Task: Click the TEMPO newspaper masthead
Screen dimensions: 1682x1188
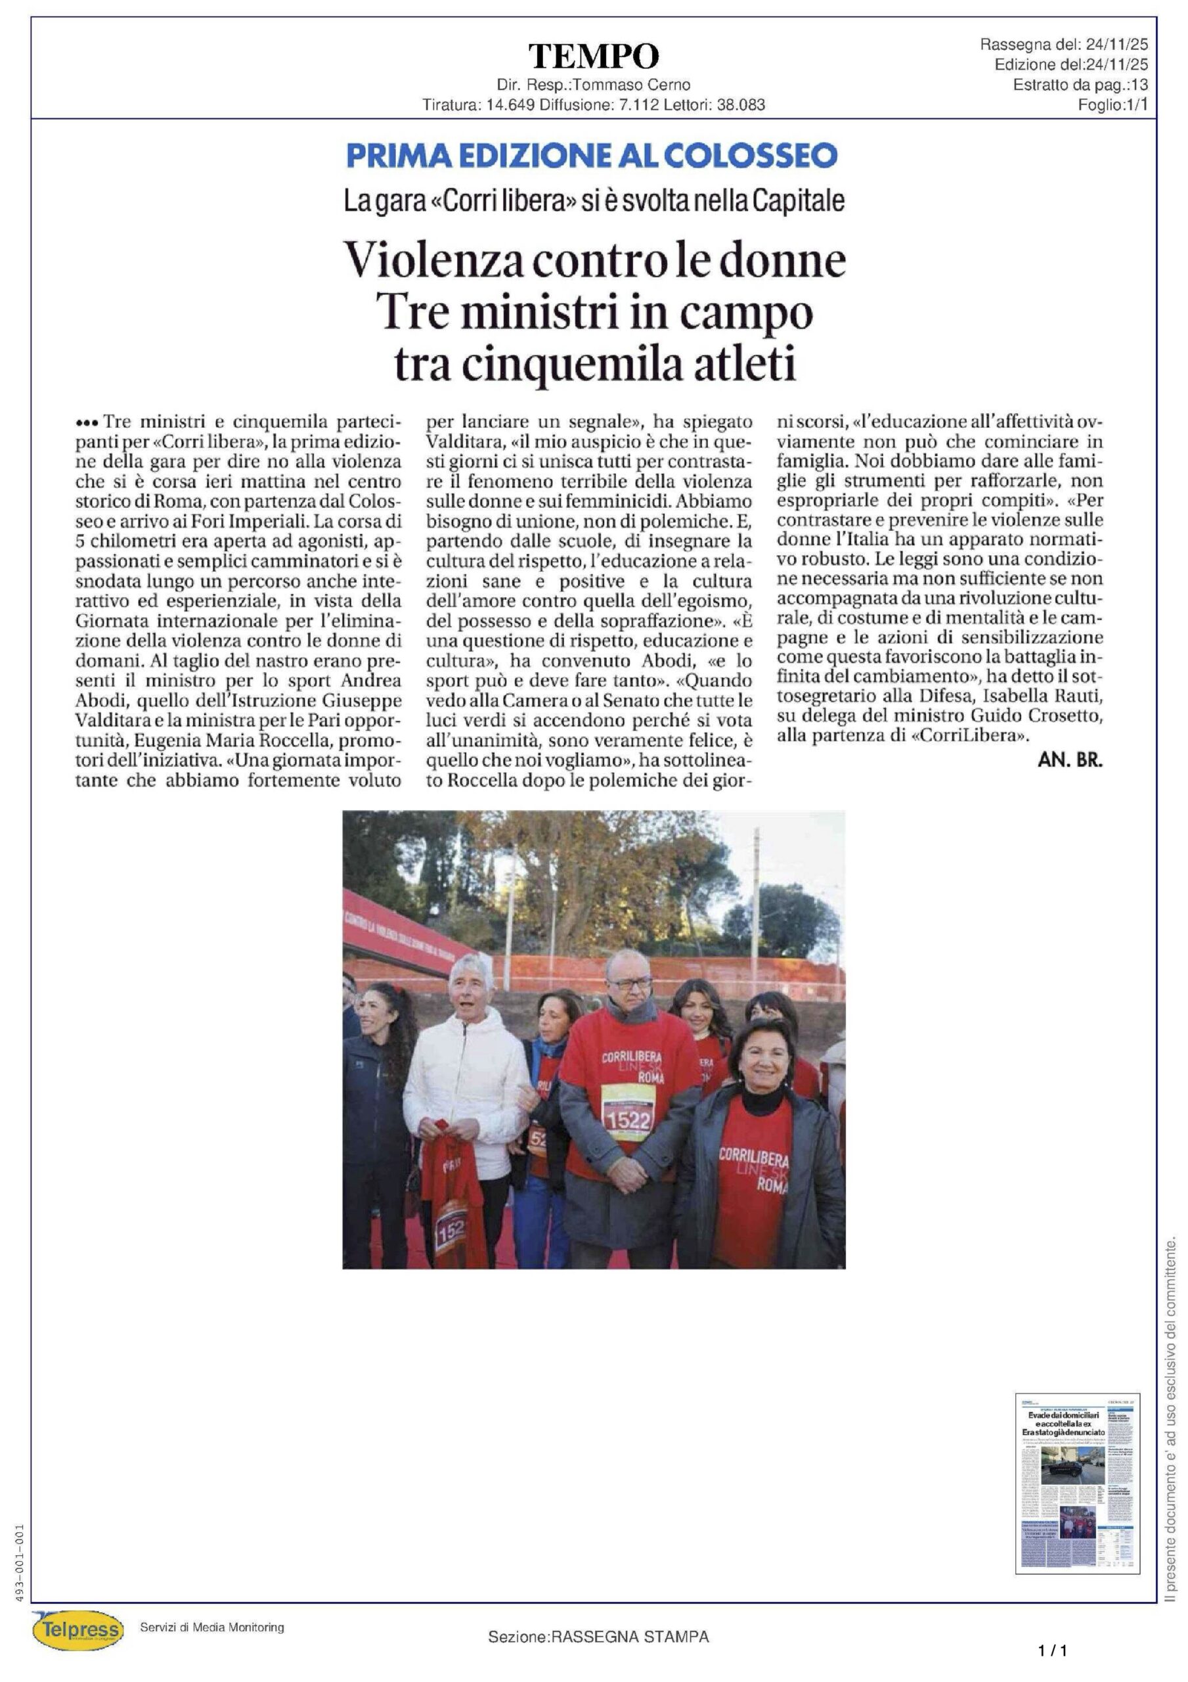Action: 593,57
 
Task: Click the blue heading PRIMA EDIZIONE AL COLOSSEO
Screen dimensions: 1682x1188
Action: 592,155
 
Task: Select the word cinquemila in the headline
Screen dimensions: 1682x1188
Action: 579,365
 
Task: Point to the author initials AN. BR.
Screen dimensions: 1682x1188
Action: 1069,760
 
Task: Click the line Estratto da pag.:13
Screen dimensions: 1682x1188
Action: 1080,85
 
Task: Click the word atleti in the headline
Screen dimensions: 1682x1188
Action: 749,365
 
